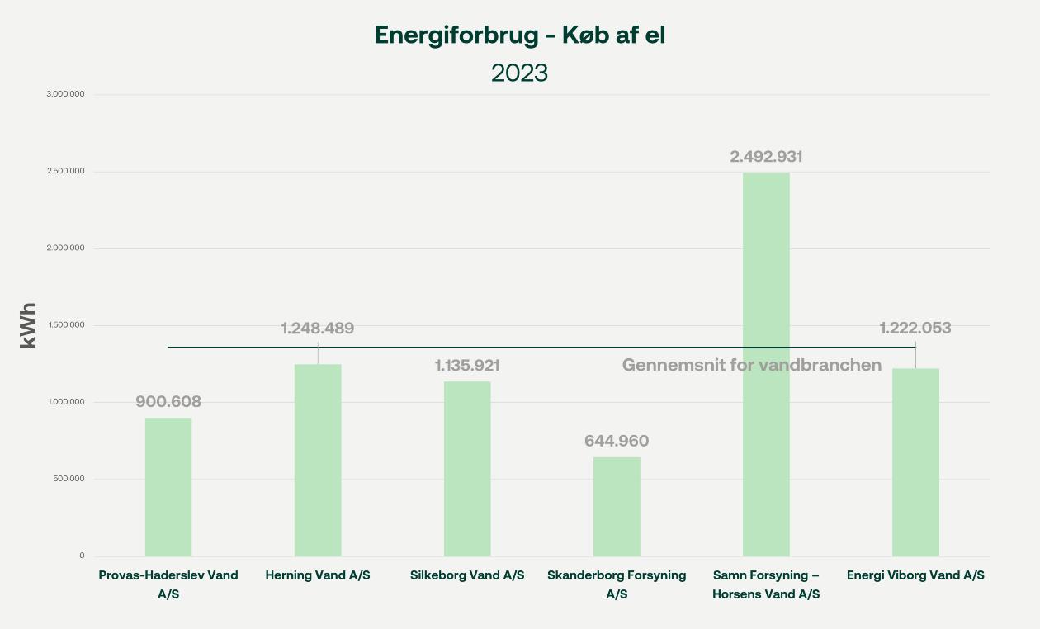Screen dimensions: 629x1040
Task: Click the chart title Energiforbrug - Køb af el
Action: click(519, 35)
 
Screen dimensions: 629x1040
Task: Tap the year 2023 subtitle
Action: click(519, 73)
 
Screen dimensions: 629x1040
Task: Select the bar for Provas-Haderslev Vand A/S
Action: click(168, 487)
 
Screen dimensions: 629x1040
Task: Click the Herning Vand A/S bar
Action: click(318, 460)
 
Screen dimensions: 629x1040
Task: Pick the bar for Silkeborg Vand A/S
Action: click(467, 469)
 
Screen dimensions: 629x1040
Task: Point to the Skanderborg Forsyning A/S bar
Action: click(617, 506)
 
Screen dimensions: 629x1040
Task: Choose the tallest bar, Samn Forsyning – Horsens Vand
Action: click(766, 364)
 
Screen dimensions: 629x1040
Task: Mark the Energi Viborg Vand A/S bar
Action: click(915, 462)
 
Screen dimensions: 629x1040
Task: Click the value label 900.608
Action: click(168, 402)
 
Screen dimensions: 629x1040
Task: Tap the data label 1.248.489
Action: click(318, 329)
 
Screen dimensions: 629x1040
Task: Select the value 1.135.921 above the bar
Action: click(467, 365)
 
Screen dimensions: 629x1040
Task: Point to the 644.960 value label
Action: click(617, 441)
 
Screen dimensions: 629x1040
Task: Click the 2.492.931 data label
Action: click(766, 156)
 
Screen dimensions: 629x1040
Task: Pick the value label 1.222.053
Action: click(915, 328)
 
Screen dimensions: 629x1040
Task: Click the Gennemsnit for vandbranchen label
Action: click(752, 365)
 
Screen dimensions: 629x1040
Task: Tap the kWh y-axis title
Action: click(28, 325)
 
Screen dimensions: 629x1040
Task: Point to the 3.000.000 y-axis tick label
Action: click(66, 94)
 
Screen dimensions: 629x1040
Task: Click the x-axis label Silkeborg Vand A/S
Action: click(467, 575)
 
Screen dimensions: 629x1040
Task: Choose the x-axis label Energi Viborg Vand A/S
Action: click(915, 575)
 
